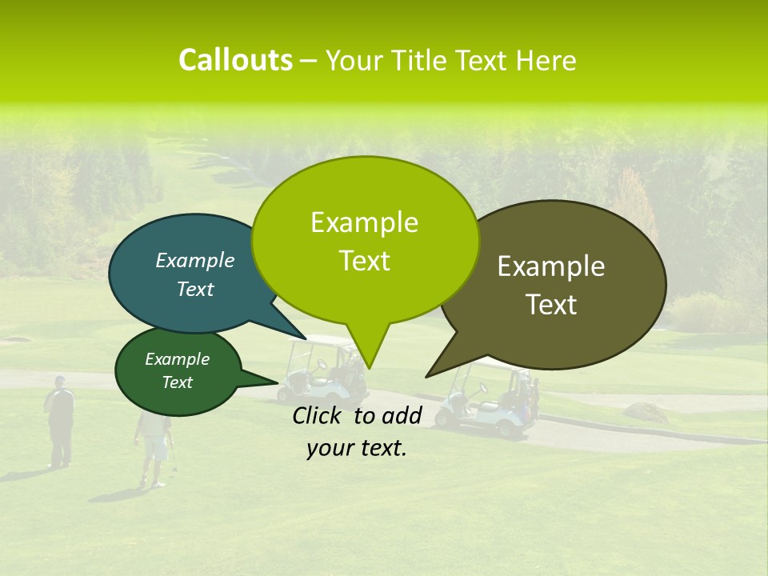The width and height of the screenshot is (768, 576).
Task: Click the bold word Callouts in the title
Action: point(235,60)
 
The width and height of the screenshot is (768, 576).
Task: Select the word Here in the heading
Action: point(546,61)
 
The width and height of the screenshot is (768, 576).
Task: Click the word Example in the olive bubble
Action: point(551,266)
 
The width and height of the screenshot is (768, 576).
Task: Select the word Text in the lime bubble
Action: point(365,261)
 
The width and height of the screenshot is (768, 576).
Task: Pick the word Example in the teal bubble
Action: point(195,260)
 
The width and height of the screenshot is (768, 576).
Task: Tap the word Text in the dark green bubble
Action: point(178,382)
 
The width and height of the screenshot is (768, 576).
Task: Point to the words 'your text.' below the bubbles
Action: point(357,448)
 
